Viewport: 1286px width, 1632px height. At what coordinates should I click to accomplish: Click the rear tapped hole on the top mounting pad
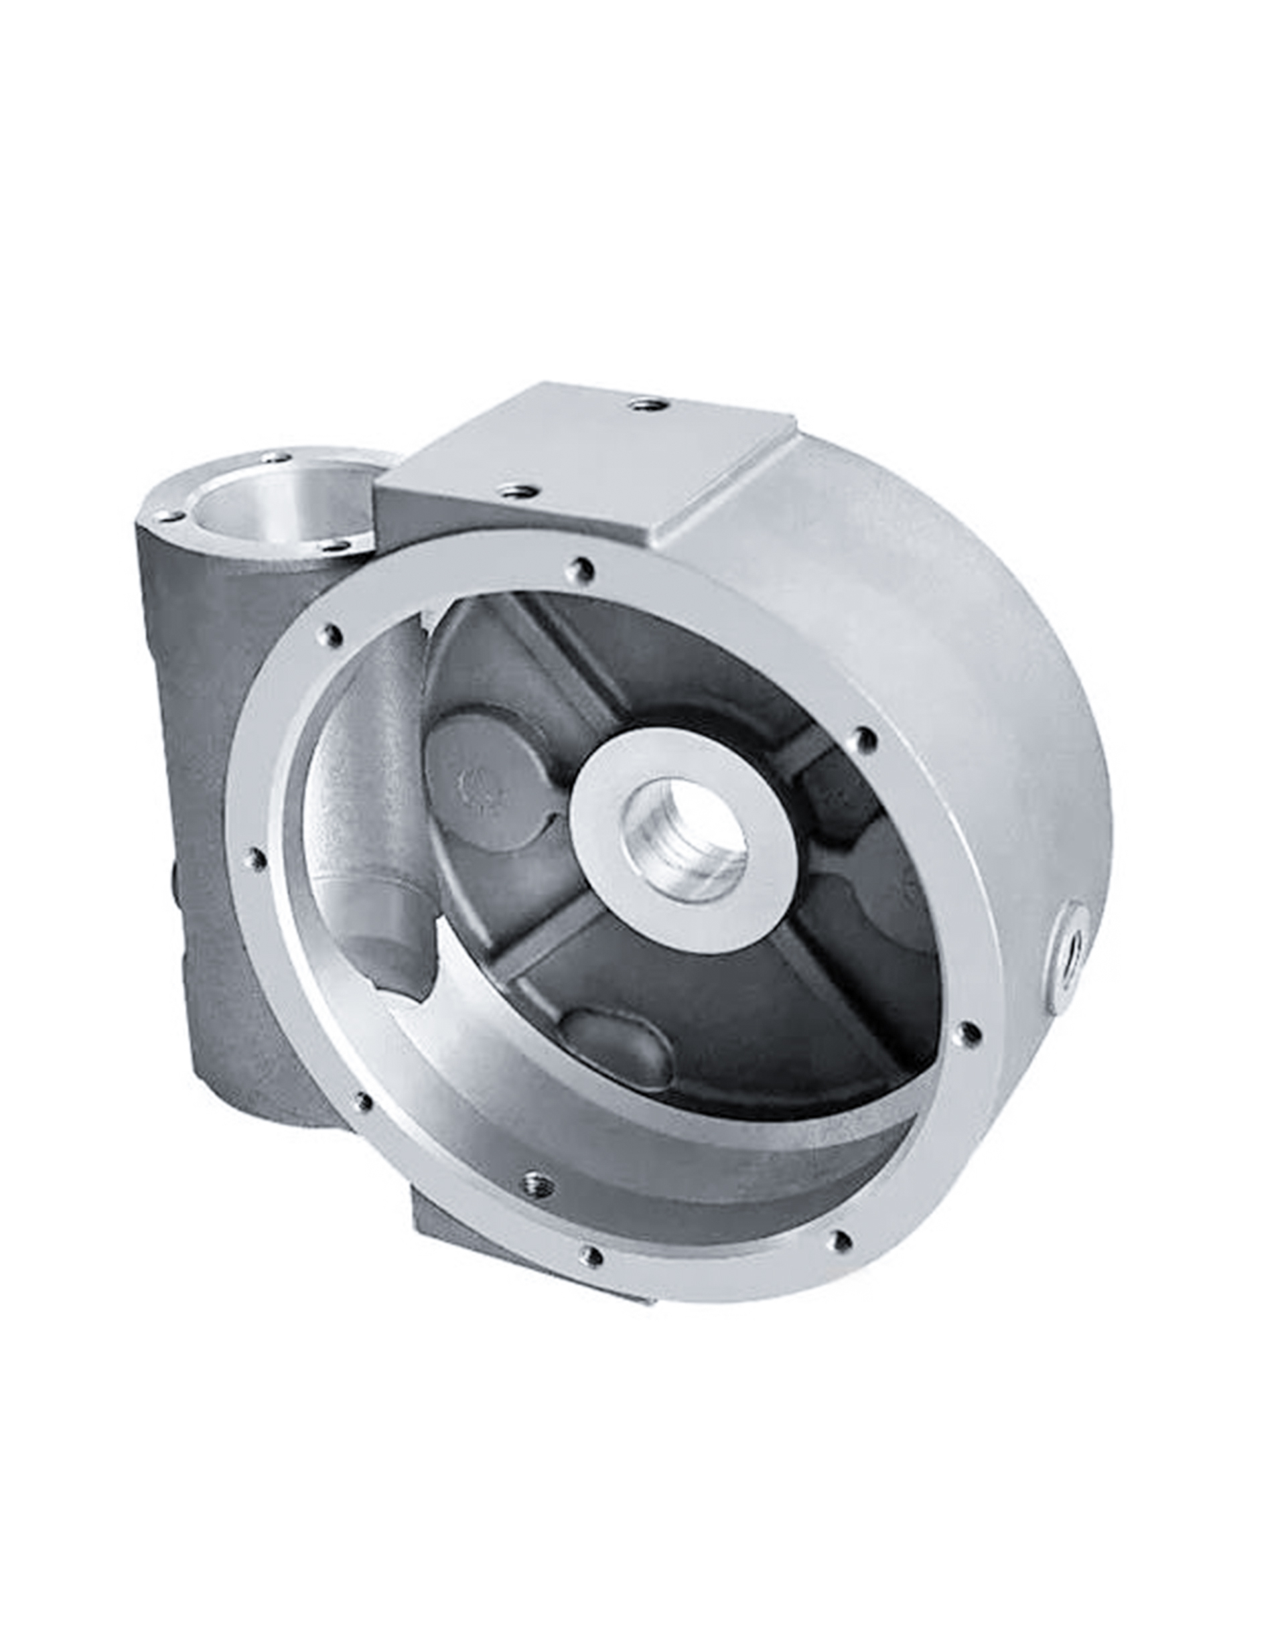[642, 405]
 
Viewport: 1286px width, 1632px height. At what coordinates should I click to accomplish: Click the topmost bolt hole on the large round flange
[582, 566]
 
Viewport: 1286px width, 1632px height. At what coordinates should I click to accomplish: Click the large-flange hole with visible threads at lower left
[536, 1181]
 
